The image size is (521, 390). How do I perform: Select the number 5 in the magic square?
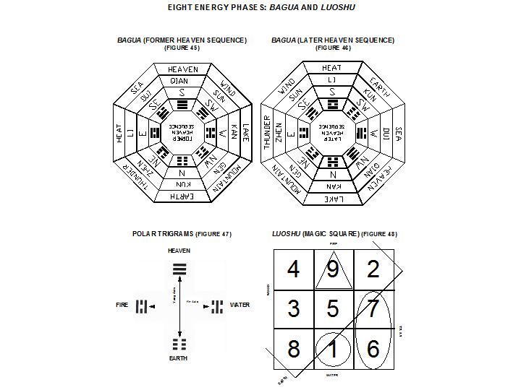(x=333, y=309)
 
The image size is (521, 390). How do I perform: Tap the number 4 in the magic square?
(x=293, y=270)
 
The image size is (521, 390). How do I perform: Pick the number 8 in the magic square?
(x=293, y=349)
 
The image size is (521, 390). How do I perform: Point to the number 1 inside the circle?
(x=333, y=349)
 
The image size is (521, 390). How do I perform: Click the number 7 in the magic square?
(x=373, y=309)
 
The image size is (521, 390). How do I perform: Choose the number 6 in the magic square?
(x=373, y=349)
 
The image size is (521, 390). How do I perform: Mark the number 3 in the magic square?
(x=293, y=309)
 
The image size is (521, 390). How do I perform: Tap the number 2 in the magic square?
(x=373, y=270)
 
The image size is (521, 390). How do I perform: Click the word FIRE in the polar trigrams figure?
(x=122, y=305)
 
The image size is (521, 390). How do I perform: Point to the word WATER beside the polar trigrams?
(x=240, y=305)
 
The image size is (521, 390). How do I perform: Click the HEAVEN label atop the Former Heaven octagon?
(x=183, y=69)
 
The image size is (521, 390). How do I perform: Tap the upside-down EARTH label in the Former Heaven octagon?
(x=183, y=196)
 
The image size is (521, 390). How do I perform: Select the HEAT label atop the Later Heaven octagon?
(x=332, y=68)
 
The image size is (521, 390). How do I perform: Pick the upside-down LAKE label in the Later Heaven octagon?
(x=332, y=197)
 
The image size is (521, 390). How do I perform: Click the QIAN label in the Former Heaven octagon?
(x=183, y=81)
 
